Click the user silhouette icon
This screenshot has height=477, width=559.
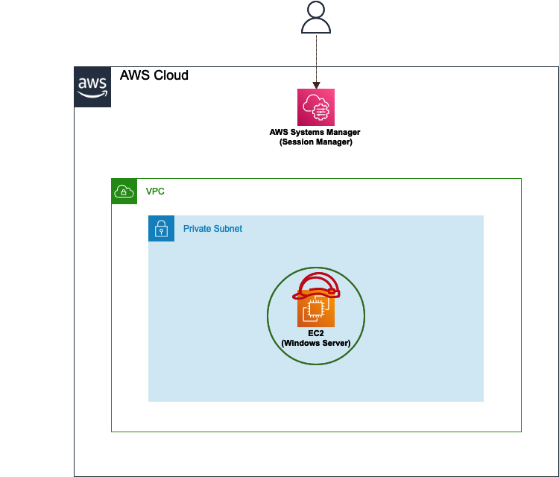coord(316,17)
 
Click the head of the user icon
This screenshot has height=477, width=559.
coord(316,9)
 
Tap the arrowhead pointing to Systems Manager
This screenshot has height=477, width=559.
coord(316,85)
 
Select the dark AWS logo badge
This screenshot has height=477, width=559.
coord(92,86)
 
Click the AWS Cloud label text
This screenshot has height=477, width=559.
coord(154,75)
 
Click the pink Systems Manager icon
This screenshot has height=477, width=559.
coord(316,107)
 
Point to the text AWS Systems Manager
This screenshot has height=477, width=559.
coord(315,132)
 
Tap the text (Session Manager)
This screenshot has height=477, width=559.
coord(316,142)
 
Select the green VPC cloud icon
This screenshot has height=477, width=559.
coord(124,191)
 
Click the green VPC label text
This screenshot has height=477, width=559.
coord(155,192)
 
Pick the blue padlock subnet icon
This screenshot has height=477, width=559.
coord(161,228)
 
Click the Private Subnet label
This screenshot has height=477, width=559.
coord(212,229)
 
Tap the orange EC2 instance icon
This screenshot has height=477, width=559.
coord(316,309)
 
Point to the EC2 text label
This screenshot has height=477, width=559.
coord(316,333)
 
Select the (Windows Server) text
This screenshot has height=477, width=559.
coord(316,343)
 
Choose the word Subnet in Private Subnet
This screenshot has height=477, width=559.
coord(229,229)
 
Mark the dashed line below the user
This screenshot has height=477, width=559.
coord(316,59)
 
